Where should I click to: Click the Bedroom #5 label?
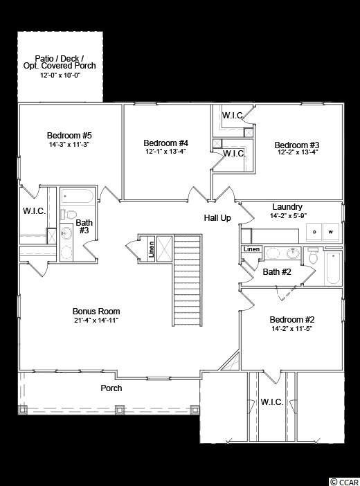pyautogui.click(x=69, y=136)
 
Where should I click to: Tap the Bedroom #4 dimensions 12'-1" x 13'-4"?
pyautogui.click(x=165, y=152)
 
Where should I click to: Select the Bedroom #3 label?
pyautogui.click(x=297, y=145)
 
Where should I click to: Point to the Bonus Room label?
pyautogui.click(x=96, y=311)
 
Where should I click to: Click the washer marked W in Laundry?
pyautogui.click(x=331, y=231)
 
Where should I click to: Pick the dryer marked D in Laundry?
pyautogui.click(x=314, y=231)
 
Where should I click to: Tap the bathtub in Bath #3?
pyautogui.click(x=78, y=196)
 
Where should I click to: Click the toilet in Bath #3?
pyautogui.click(x=69, y=214)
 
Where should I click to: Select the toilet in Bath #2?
pyautogui.click(x=313, y=257)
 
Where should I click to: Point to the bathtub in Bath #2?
pyautogui.click(x=333, y=267)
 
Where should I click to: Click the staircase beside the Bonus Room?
pyautogui.click(x=188, y=280)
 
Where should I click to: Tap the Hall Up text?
pyautogui.click(x=217, y=218)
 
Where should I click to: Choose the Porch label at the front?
pyautogui.click(x=111, y=388)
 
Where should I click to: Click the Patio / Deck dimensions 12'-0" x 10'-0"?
pyautogui.click(x=60, y=75)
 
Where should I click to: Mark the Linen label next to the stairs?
pyautogui.click(x=152, y=249)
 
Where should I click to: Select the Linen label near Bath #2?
pyautogui.click(x=251, y=249)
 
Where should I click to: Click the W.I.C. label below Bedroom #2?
pyautogui.click(x=271, y=402)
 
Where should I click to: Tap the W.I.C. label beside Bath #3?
pyautogui.click(x=34, y=211)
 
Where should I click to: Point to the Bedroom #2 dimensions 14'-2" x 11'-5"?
pyautogui.click(x=291, y=329)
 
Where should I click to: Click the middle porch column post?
pyautogui.click(x=120, y=410)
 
